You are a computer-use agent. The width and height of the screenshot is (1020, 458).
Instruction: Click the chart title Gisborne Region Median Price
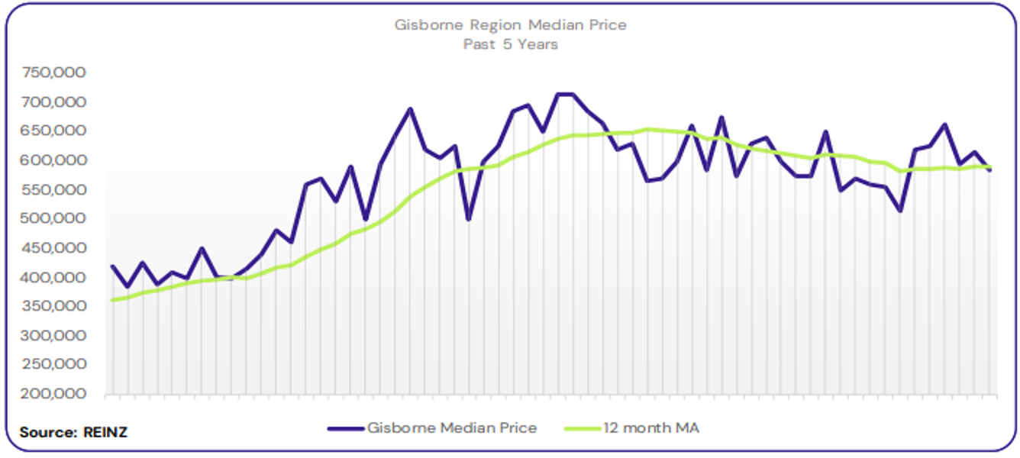510,24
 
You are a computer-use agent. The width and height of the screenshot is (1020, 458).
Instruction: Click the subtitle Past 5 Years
510,44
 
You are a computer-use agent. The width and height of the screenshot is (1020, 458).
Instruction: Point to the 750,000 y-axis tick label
54,73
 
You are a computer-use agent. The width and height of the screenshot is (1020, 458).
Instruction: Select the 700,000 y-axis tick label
54,102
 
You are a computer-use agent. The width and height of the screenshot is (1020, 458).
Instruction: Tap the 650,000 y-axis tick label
54,131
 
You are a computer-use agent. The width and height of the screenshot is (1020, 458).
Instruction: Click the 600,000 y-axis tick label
54,160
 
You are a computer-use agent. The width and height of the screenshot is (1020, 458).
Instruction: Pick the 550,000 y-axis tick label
54,190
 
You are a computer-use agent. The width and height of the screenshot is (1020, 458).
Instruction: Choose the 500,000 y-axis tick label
54,219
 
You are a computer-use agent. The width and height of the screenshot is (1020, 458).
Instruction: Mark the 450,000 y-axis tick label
54,248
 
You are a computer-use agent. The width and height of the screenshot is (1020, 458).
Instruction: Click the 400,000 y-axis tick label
54,278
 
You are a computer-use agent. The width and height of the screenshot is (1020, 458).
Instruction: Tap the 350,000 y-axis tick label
54,307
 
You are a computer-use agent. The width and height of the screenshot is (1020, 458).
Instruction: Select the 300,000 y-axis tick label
54,336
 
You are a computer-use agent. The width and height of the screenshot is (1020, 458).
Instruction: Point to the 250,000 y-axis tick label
54,366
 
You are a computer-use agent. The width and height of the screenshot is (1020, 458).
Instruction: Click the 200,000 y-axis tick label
54,395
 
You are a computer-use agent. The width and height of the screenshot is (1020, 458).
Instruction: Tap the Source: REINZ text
73,432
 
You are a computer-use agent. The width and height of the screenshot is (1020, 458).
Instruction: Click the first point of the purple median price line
112,266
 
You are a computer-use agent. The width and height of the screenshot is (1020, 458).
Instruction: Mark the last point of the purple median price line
990,170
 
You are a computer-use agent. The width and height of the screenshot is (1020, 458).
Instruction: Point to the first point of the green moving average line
112,300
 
